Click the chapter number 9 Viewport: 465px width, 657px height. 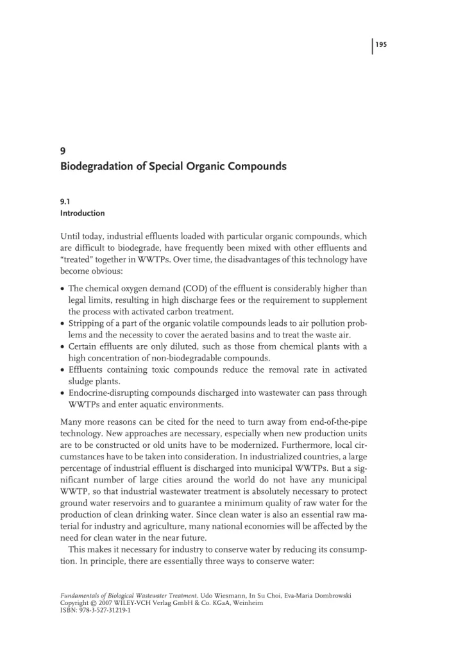coord(62,152)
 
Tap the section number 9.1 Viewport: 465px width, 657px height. coord(65,201)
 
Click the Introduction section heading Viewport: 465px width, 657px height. coord(82,213)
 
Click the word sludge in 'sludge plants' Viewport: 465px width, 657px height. coord(80,381)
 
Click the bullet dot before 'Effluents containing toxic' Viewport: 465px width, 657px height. coord(63,370)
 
